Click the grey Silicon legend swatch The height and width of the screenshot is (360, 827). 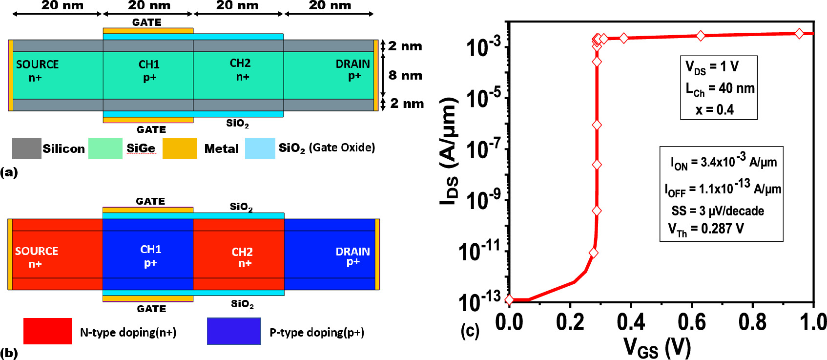[x=26, y=148]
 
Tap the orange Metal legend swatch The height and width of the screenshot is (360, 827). [x=179, y=148]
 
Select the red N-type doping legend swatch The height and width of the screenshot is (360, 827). [x=47, y=331]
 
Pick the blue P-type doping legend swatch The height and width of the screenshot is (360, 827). [x=234, y=331]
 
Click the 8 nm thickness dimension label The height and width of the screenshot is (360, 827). [x=405, y=75]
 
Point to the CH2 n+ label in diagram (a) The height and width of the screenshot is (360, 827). [x=240, y=70]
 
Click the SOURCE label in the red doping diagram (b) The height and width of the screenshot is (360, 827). [x=36, y=251]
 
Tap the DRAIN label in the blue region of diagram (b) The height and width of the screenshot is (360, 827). [x=352, y=252]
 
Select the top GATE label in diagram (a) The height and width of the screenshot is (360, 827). [x=146, y=22]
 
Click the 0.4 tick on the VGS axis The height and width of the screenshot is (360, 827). [x=630, y=322]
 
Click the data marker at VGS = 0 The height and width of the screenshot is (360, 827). [x=509, y=300]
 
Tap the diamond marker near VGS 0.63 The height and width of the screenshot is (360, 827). [x=701, y=36]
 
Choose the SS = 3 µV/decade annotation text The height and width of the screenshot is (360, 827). [x=718, y=211]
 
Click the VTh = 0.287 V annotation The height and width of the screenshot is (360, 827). [x=706, y=229]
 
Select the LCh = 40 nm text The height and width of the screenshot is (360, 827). [x=720, y=88]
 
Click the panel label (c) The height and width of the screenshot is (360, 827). [x=470, y=331]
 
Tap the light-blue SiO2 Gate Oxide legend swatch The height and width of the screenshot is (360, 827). [x=260, y=148]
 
